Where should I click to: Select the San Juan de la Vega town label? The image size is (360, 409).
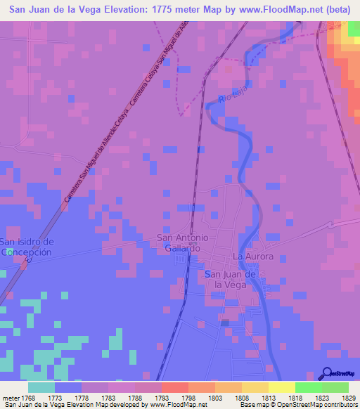[230, 279]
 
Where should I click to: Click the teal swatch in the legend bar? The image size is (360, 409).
[41, 387]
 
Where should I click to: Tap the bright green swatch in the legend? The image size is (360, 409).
[308, 387]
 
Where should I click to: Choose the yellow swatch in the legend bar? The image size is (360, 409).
[281, 387]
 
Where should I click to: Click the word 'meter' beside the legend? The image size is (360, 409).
[11, 398]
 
